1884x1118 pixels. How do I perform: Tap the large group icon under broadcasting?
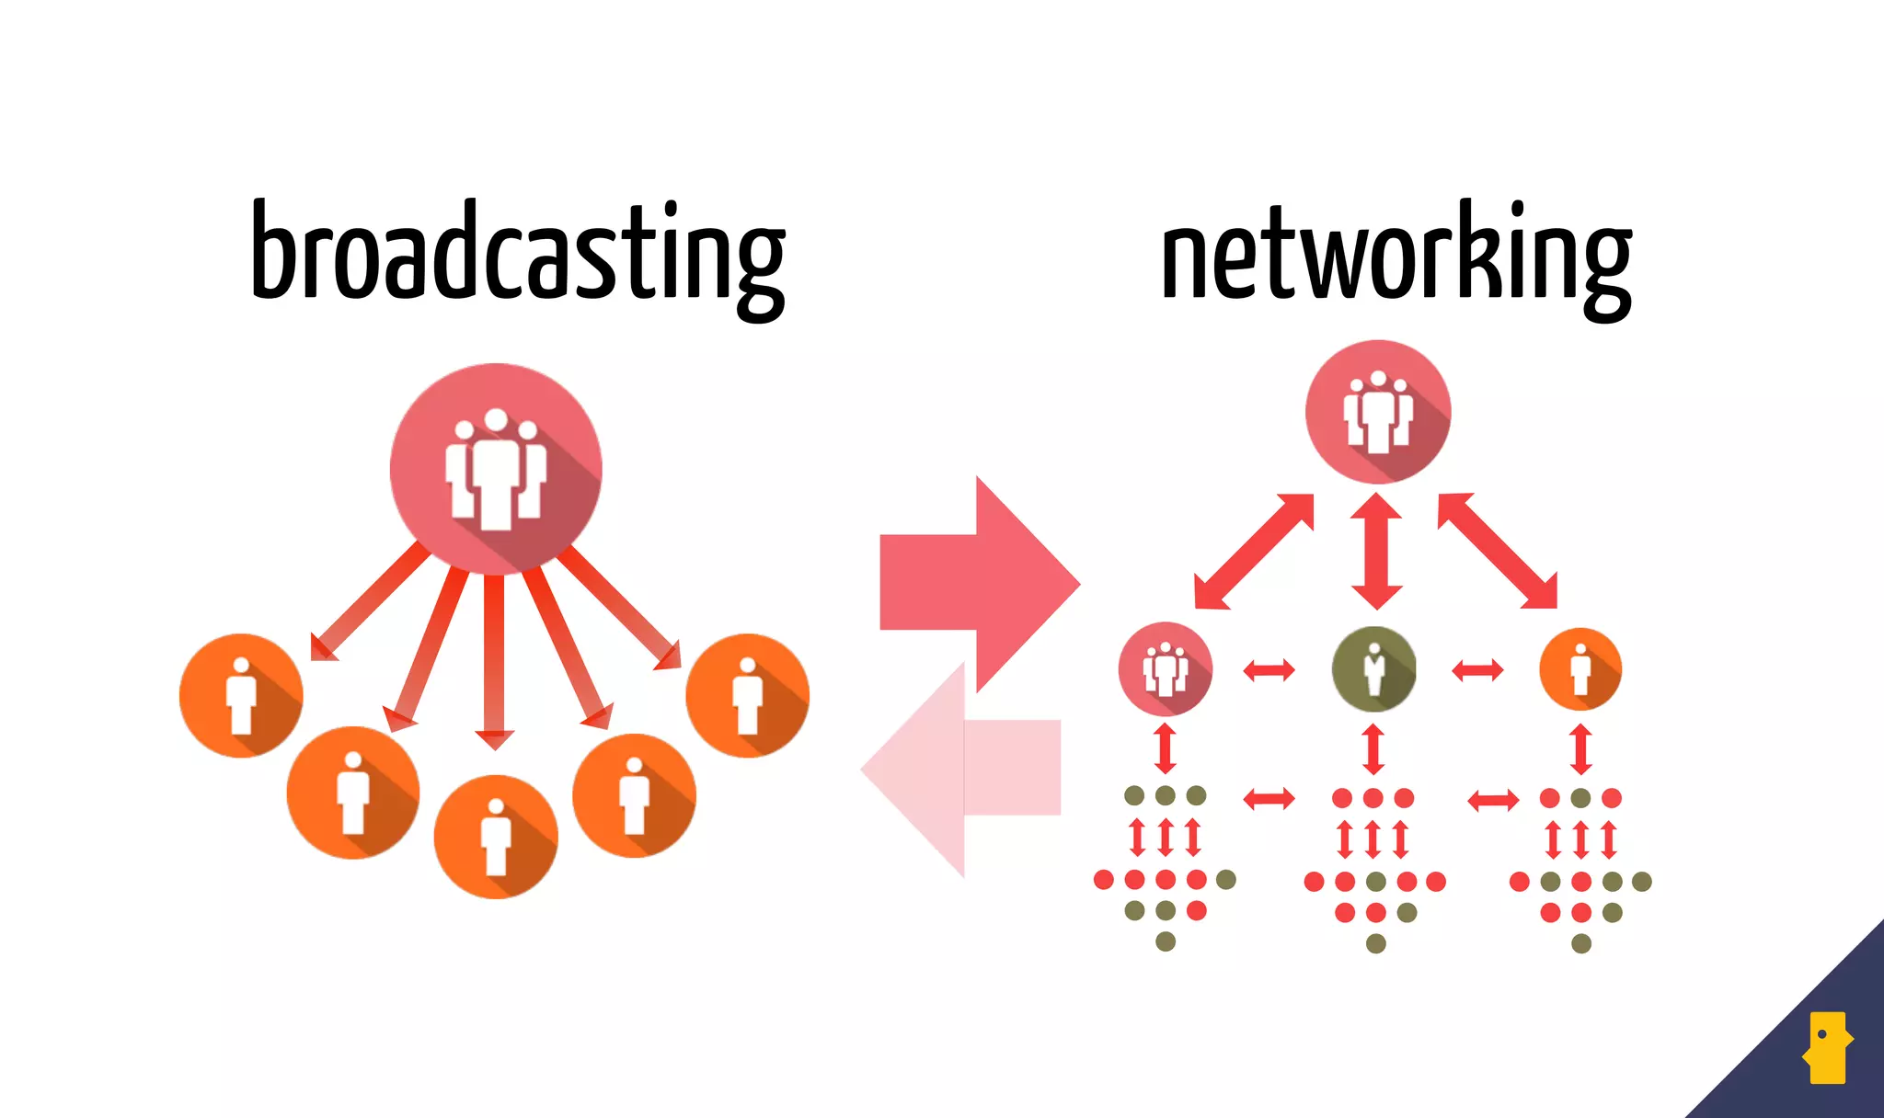496,469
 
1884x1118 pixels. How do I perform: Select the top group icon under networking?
1377,411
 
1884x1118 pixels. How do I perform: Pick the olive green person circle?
1373,669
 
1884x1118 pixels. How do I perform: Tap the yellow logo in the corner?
1827,1048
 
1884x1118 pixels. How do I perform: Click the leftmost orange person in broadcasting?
241,696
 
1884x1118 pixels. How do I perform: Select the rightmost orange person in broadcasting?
747,696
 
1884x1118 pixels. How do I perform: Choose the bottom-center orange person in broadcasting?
496,837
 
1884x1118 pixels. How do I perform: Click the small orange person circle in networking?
1580,669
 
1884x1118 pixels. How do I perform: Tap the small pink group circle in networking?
1165,669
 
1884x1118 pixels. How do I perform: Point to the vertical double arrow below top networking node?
1376,551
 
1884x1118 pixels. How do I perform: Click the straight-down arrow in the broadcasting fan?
494,662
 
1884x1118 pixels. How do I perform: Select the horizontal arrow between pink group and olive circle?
1269,670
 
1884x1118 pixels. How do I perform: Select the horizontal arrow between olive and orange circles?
1477,670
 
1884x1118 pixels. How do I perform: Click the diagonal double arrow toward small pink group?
1253,552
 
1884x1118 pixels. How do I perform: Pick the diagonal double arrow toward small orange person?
1498,552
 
